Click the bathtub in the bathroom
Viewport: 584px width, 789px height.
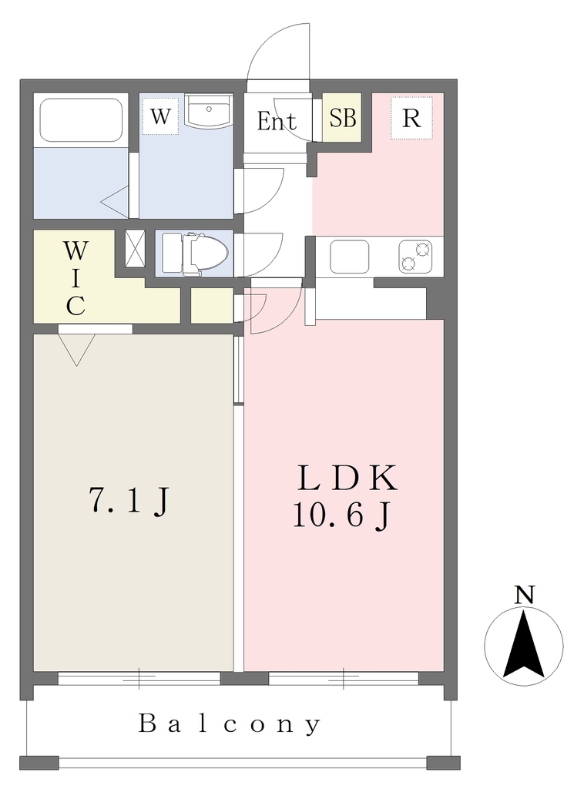click(x=81, y=120)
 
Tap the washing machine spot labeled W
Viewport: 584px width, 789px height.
click(x=160, y=117)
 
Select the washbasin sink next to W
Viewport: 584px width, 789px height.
click(x=208, y=111)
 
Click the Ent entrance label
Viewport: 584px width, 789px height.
click(x=276, y=121)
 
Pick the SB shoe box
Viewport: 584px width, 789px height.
click(x=343, y=118)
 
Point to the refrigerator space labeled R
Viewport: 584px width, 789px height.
click(x=411, y=118)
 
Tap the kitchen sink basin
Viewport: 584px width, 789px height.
click(x=350, y=257)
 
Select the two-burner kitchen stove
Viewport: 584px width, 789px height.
click(x=415, y=257)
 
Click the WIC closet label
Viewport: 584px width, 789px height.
click(x=76, y=278)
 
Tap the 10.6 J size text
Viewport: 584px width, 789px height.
click(x=341, y=515)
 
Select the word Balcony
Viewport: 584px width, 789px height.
click(x=229, y=724)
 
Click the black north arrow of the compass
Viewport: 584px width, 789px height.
click(x=523, y=643)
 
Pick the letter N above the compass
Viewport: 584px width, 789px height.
click(x=524, y=596)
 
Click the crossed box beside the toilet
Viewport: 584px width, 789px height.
click(x=135, y=248)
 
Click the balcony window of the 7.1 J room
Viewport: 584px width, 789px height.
click(x=139, y=678)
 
